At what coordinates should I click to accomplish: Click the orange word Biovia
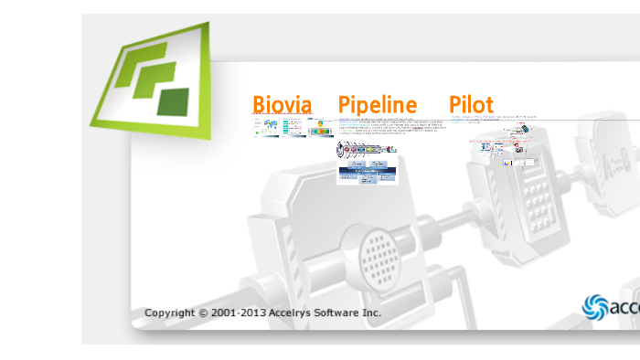(283, 105)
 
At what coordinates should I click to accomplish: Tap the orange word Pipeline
(378, 105)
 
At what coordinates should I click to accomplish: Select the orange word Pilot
(471, 105)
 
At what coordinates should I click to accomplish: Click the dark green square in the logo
(172, 101)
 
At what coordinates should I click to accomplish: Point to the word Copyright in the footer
(169, 313)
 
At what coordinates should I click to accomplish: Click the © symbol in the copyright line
(203, 313)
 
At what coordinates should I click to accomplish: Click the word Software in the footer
(339, 313)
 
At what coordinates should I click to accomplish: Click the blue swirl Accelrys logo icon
(595, 306)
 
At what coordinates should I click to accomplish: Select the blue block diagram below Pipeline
(368, 171)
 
